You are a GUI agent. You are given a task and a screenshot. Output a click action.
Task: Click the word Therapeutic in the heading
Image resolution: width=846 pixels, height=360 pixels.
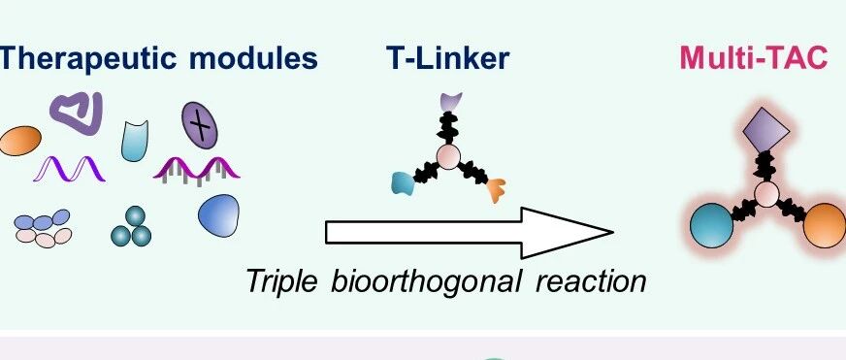88,59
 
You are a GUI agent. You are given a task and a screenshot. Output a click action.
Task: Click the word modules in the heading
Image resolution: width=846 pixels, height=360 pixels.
253,58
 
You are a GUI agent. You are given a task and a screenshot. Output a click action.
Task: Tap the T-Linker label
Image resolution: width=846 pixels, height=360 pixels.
448,58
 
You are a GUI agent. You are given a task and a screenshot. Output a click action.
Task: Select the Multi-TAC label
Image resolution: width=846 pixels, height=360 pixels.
754,58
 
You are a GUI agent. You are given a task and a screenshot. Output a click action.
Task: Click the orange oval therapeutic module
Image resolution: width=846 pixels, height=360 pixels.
20,141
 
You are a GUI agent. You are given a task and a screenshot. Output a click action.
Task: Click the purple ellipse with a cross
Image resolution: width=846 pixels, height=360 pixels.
200,126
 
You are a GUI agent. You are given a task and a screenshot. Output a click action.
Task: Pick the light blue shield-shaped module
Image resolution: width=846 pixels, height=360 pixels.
134,141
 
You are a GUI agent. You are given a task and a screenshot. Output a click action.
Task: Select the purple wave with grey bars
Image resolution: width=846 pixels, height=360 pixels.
196,171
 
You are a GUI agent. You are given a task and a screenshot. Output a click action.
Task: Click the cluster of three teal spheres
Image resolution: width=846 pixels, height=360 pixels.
131,227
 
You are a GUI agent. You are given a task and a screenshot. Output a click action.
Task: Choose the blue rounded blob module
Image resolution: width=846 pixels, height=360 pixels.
218,215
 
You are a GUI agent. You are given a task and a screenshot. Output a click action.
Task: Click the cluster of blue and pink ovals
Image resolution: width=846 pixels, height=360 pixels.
43,228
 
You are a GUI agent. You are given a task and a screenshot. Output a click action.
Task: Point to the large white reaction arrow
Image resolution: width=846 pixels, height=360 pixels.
470,233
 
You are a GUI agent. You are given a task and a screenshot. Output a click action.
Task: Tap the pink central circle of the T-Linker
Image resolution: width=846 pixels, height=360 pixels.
448,156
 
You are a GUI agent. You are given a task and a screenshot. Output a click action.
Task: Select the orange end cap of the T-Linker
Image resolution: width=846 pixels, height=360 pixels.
496,190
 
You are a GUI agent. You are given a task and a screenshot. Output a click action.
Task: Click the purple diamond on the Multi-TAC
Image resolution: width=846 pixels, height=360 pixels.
765,129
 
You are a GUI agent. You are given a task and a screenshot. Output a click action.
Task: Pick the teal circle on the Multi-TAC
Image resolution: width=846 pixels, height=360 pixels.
712,226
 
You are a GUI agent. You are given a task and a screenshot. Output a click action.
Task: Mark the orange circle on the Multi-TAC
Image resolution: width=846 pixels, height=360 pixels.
825,226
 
